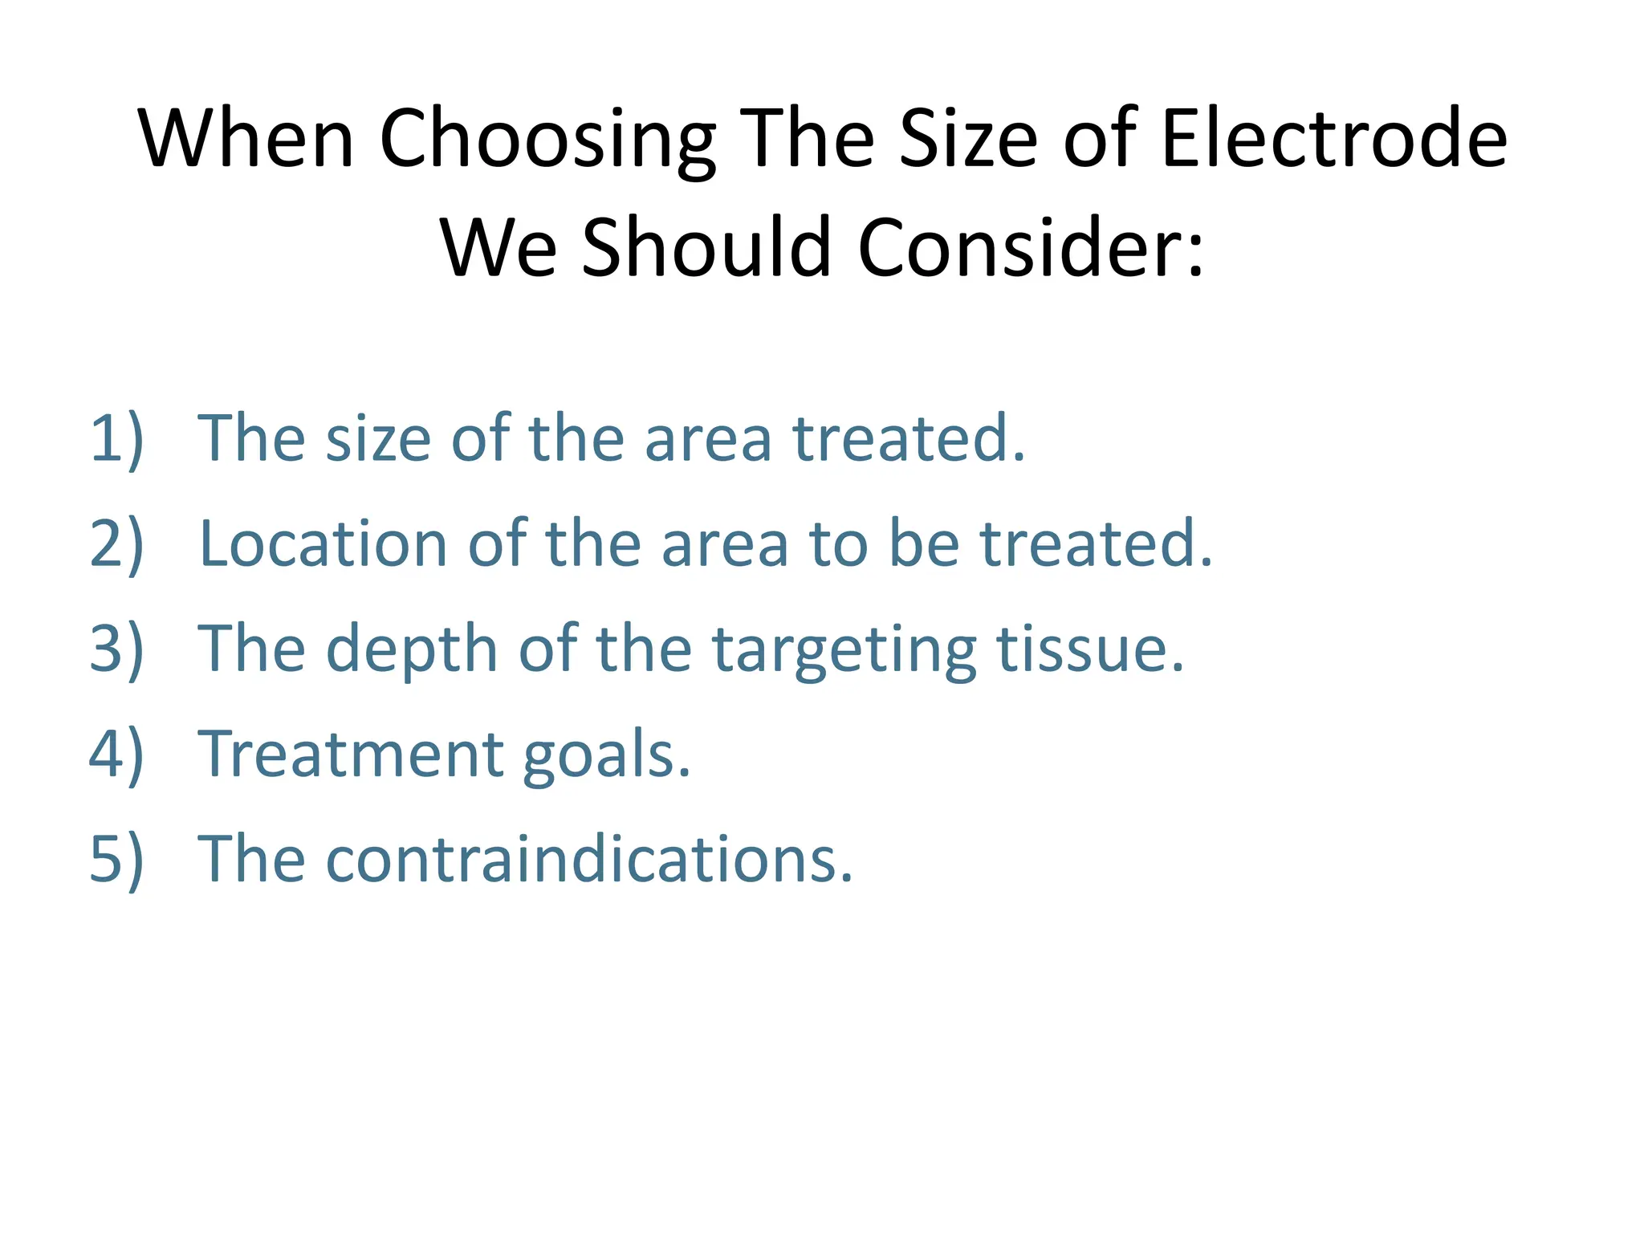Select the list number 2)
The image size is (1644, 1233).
click(x=117, y=544)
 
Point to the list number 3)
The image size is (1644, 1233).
click(x=117, y=649)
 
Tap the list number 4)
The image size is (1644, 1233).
click(x=117, y=755)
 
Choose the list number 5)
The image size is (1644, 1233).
click(x=117, y=860)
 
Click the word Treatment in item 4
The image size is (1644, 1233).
click(x=351, y=755)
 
